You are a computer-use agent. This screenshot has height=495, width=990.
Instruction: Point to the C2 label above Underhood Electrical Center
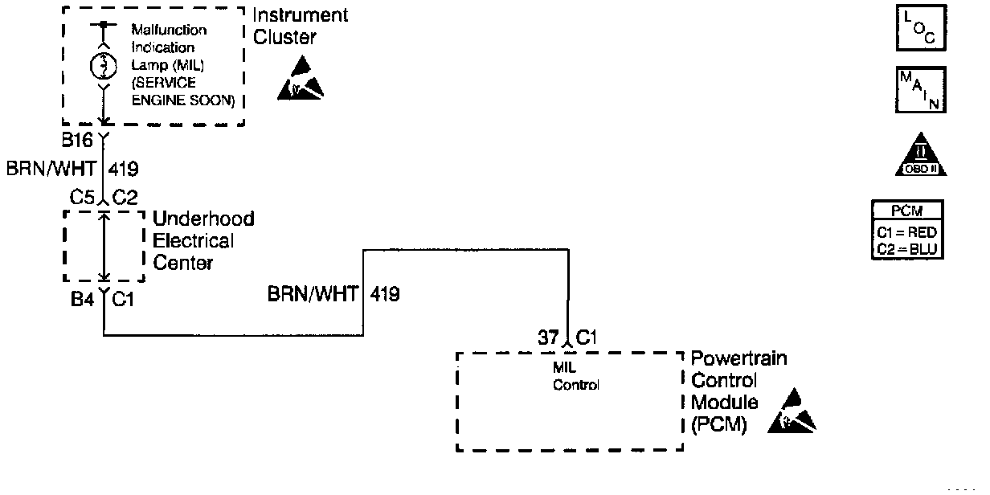pyautogui.click(x=126, y=197)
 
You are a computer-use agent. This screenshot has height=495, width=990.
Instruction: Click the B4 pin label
pyautogui.click(x=81, y=300)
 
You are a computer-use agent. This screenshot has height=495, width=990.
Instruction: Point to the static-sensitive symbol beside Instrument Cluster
pyautogui.click(x=300, y=80)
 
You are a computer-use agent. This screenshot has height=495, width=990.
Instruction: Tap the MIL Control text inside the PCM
pyautogui.click(x=576, y=377)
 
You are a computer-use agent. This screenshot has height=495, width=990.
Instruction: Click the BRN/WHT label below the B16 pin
pyautogui.click(x=51, y=170)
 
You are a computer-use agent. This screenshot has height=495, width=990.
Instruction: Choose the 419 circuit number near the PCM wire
pyautogui.click(x=384, y=294)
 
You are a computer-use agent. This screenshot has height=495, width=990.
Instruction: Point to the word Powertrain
pyautogui.click(x=739, y=359)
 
